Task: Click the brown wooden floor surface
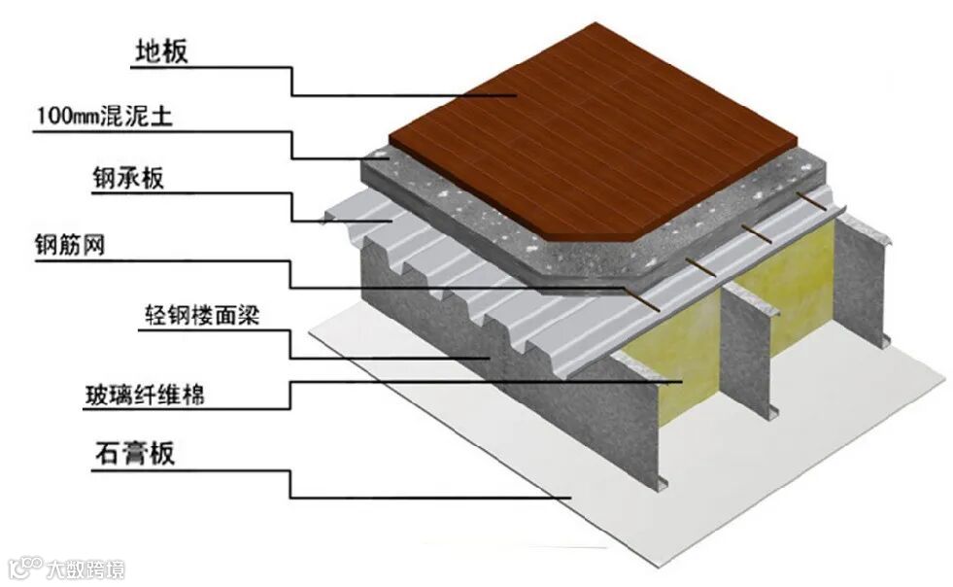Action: tap(593, 136)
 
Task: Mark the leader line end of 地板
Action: tap(515, 94)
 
